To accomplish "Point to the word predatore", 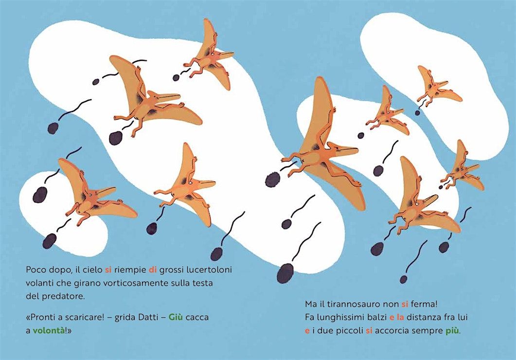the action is click(x=63, y=296).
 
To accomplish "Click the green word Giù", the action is click(x=176, y=317).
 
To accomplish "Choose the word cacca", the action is click(x=197, y=318).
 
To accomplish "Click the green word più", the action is click(x=452, y=331).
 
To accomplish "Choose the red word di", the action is click(x=152, y=270).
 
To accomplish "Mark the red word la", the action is click(x=400, y=318).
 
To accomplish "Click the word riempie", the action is click(x=130, y=270).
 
